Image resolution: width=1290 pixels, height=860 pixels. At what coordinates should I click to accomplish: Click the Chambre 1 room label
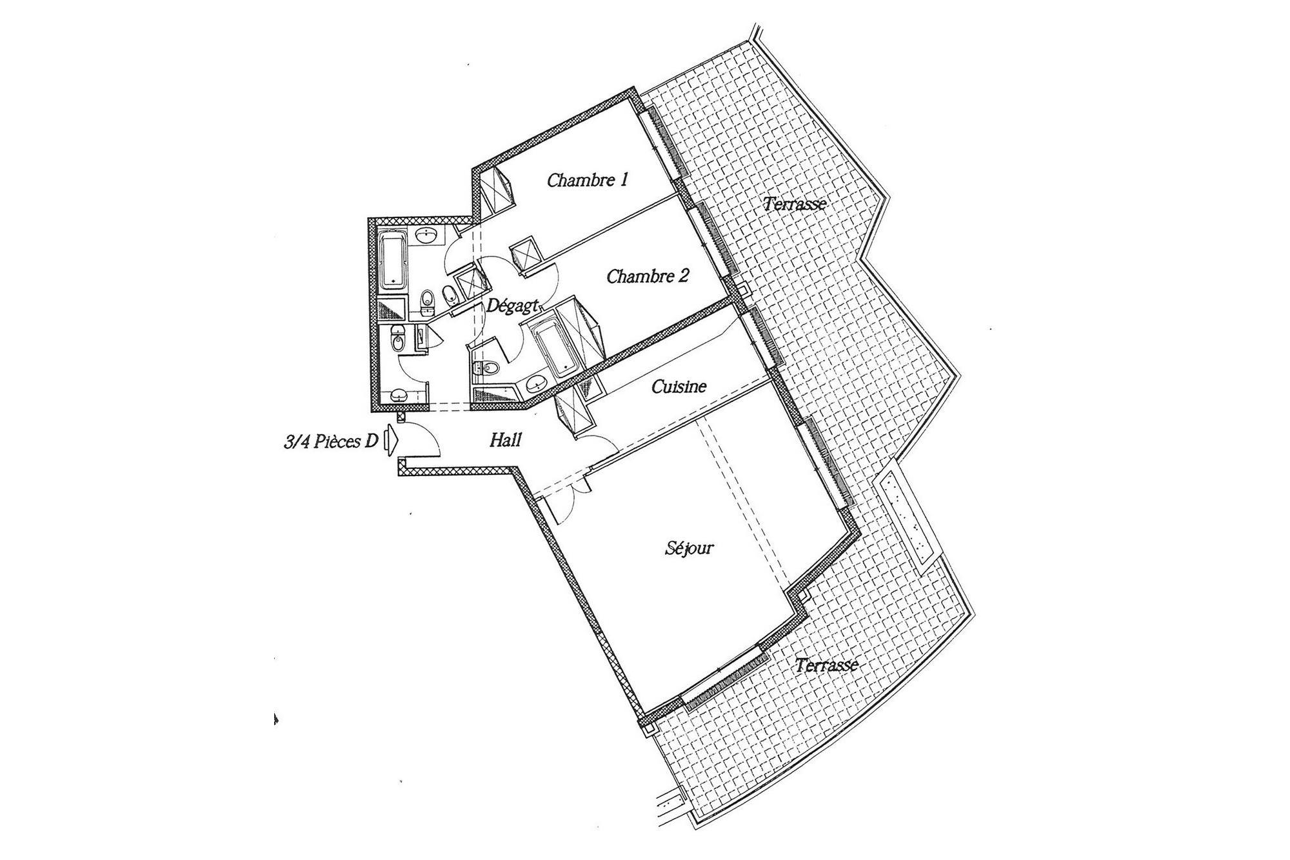(x=588, y=180)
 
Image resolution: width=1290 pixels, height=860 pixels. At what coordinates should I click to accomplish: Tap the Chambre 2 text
(x=648, y=277)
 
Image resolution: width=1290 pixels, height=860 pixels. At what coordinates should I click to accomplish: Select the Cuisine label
(x=679, y=386)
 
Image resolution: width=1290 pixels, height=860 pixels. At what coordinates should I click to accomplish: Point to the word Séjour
(x=689, y=548)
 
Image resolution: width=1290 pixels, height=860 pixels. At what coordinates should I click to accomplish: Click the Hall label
(x=505, y=441)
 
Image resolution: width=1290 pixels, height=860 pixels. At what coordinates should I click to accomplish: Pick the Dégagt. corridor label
(x=511, y=306)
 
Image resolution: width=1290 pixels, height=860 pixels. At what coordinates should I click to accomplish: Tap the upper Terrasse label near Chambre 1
(x=795, y=205)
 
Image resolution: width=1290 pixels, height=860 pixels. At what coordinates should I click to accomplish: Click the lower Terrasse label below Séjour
(x=826, y=665)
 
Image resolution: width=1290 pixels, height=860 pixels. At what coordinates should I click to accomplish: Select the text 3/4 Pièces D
(x=331, y=443)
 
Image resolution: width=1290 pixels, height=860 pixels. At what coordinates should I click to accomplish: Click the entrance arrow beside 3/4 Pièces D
(x=391, y=441)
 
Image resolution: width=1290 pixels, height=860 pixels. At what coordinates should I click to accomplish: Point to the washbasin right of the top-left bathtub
(x=426, y=236)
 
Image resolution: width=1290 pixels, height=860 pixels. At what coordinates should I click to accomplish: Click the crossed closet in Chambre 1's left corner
(x=496, y=188)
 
